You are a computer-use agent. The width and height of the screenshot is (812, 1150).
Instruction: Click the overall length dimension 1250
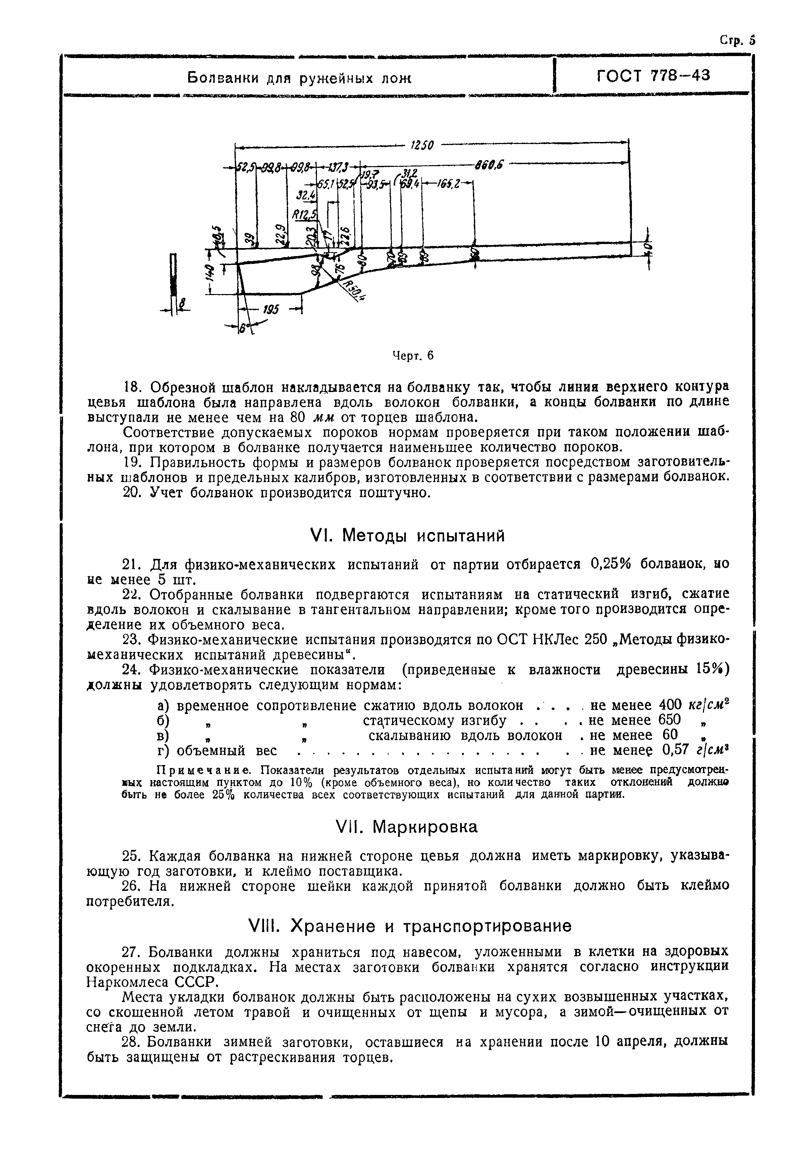422,145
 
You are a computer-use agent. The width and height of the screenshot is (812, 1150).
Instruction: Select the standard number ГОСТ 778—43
653,76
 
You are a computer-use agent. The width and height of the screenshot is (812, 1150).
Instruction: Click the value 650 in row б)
670,720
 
